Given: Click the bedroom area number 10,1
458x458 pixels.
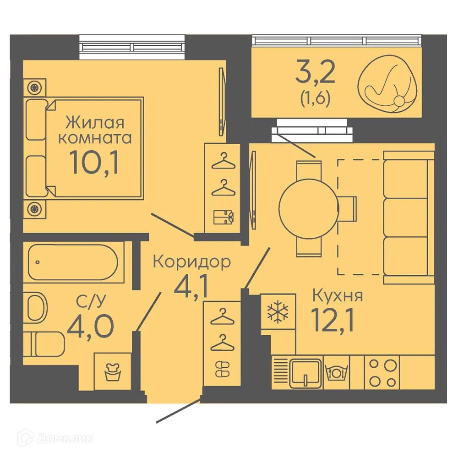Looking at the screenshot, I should point(94,162).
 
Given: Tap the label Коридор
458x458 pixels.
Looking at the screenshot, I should point(191,262).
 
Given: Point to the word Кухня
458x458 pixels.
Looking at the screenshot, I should point(337,296).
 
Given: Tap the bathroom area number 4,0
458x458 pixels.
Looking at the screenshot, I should point(90,325).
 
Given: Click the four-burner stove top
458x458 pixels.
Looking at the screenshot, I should point(382,373).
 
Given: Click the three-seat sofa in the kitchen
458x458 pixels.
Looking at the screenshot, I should point(408,218).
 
